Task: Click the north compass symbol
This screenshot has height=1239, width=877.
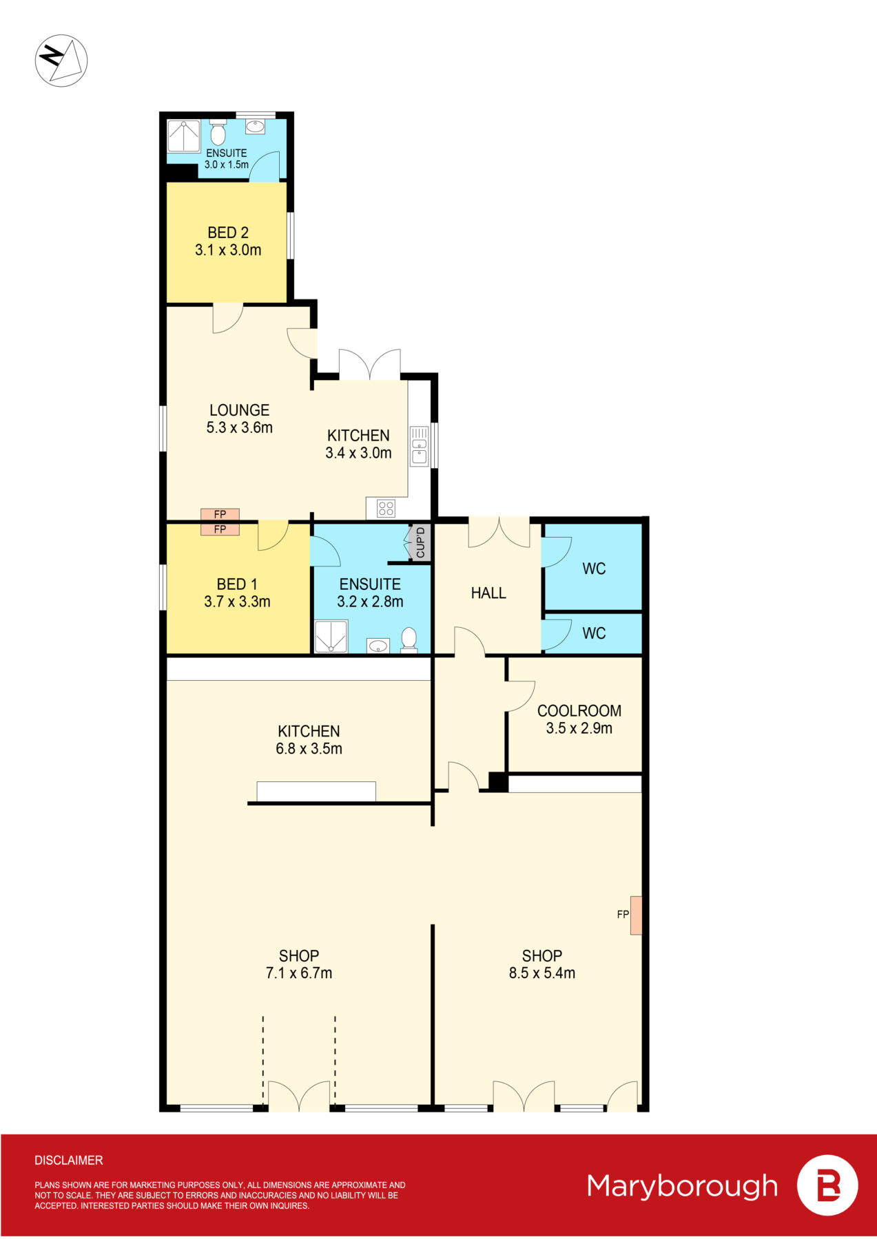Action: tap(61, 60)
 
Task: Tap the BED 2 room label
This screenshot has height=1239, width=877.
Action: tap(228, 233)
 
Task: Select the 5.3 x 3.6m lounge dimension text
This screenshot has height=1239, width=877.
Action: tap(239, 427)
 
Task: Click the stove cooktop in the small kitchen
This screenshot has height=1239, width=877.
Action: tap(386, 509)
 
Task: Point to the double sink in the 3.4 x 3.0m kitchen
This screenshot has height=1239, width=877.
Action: tap(419, 447)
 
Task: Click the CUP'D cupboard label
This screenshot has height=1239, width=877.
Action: tap(420, 542)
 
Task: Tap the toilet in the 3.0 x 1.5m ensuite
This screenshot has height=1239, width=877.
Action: tap(218, 133)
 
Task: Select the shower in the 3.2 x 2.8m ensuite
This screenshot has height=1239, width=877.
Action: tap(331, 637)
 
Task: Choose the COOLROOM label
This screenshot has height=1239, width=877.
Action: tap(579, 710)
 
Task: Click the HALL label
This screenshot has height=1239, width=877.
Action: tap(488, 593)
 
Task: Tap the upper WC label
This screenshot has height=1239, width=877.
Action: tap(594, 569)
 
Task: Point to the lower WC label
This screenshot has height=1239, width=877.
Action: tap(594, 633)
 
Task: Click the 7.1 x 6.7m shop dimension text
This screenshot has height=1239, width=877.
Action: tap(299, 973)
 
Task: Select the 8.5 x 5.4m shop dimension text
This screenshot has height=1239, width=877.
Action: tap(541, 973)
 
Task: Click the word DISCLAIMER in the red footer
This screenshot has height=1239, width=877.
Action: tap(69, 1161)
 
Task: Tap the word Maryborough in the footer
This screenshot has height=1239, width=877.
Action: tap(682, 1186)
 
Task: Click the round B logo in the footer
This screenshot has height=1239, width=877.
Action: tap(827, 1185)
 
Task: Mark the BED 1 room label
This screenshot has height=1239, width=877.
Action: tap(236, 584)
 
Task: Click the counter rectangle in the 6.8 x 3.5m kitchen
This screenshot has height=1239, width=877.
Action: tap(316, 792)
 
